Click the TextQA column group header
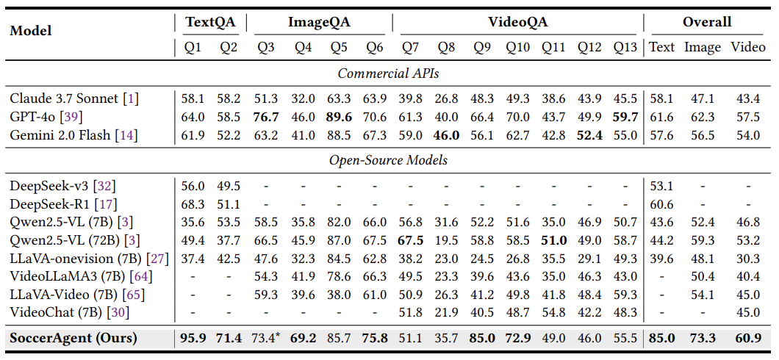(x=210, y=22)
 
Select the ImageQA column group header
(x=319, y=22)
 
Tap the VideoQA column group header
(x=519, y=22)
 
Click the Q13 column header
(x=627, y=48)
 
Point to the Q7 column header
(x=410, y=48)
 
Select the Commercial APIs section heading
(x=389, y=73)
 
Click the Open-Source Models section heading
(x=389, y=159)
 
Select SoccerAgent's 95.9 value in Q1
(x=193, y=339)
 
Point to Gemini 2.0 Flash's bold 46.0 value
(x=446, y=134)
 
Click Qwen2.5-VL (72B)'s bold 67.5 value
(x=410, y=240)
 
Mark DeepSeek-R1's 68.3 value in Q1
(x=193, y=204)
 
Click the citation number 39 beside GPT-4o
(x=76, y=117)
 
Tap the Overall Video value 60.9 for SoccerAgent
(x=747, y=339)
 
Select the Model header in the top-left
(x=29, y=32)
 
